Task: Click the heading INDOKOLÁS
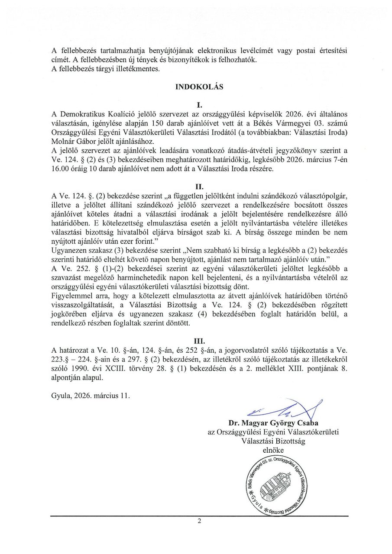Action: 199,87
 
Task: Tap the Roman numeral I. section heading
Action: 199,105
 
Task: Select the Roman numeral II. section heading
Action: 199,187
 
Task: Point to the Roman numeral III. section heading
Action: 199,341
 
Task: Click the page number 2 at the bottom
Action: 199,521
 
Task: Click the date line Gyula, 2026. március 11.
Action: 90,396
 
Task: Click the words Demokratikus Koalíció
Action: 96,114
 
